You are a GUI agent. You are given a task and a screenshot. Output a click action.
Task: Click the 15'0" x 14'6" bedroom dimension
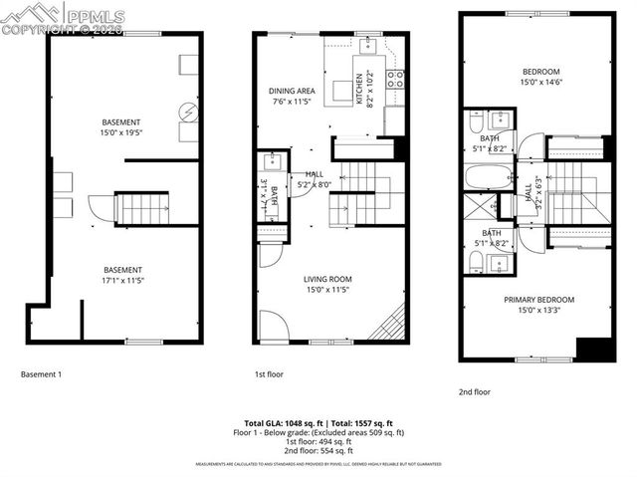pyautogui.click(x=539, y=83)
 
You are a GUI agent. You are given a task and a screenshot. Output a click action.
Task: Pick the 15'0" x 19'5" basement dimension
pyautogui.click(x=120, y=131)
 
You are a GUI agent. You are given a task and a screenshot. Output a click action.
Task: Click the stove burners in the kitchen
pyautogui.click(x=394, y=78)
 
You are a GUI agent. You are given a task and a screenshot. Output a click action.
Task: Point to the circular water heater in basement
pyautogui.click(x=187, y=111)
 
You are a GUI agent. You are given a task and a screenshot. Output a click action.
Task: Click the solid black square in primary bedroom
pyautogui.click(x=595, y=350)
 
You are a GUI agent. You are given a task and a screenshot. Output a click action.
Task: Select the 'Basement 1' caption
pyautogui.click(x=42, y=374)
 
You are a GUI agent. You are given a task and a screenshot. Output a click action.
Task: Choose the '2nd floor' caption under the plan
pyautogui.click(x=475, y=392)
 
